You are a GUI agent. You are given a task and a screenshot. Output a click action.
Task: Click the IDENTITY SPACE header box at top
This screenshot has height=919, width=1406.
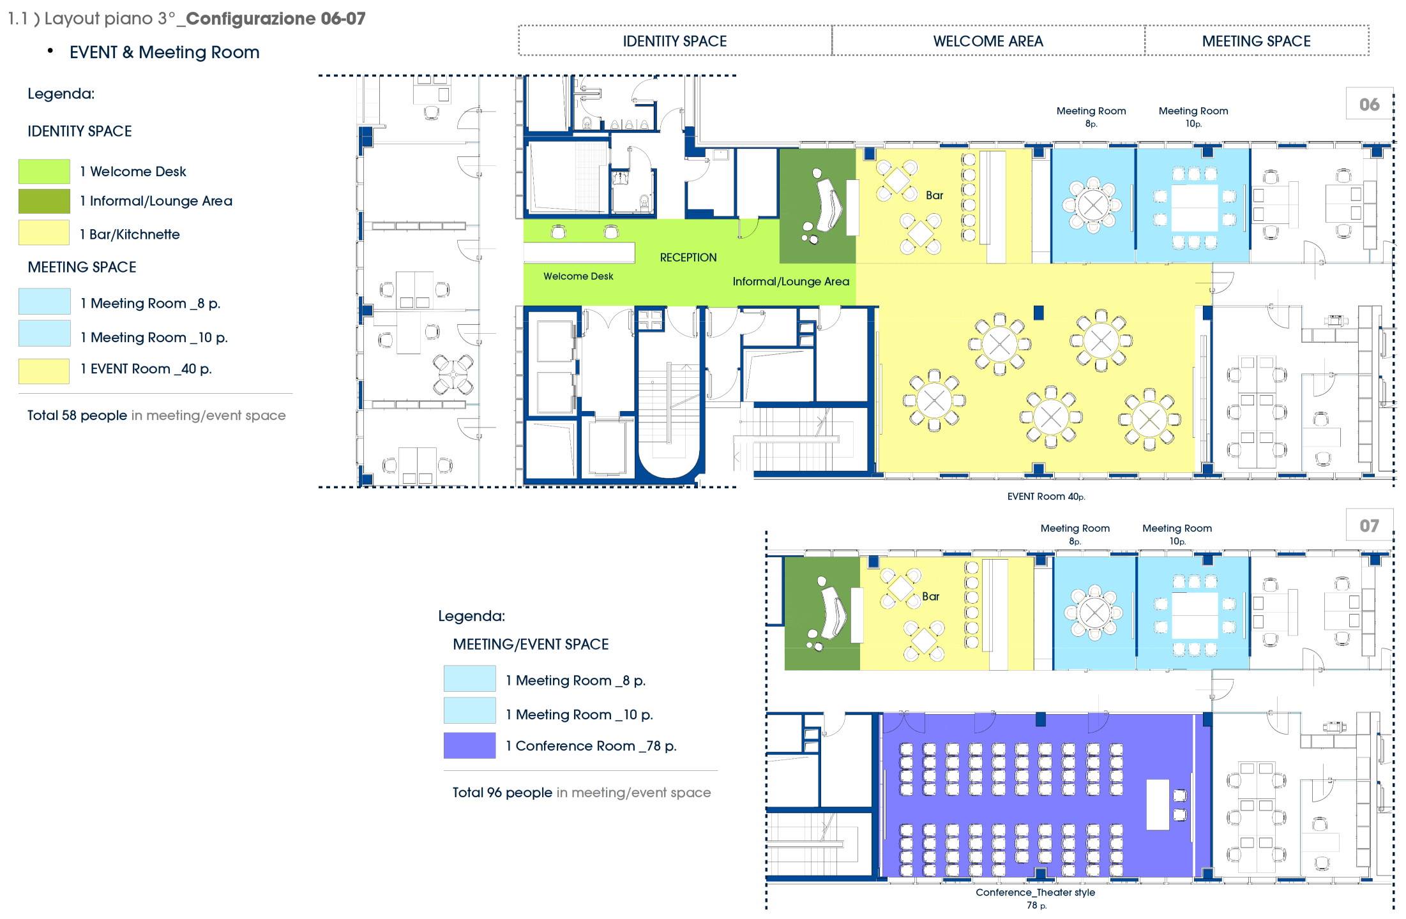pyautogui.click(x=675, y=41)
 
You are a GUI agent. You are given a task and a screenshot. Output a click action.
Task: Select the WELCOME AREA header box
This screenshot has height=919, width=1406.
pyautogui.click(x=988, y=41)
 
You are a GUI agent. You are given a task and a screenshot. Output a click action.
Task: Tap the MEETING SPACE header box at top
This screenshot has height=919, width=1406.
pyautogui.click(x=1257, y=41)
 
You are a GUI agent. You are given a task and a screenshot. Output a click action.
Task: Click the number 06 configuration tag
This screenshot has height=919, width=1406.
pyautogui.click(x=1369, y=104)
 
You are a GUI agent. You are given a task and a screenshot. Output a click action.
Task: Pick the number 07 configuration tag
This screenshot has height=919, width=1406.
pyautogui.click(x=1369, y=525)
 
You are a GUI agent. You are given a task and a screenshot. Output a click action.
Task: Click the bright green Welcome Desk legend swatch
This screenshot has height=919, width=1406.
pyautogui.click(x=44, y=171)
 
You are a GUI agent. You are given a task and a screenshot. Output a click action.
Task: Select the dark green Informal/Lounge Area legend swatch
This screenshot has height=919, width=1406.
pyautogui.click(x=44, y=201)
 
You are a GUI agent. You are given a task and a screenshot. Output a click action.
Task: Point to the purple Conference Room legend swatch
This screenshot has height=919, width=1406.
pyautogui.click(x=469, y=745)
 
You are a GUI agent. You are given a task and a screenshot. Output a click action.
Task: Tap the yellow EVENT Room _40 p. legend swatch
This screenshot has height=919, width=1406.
pyautogui.click(x=44, y=371)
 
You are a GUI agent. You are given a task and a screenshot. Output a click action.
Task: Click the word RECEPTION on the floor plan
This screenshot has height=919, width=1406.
pyautogui.click(x=688, y=257)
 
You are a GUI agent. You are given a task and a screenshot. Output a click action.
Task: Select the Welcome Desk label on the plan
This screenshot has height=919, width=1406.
pyautogui.click(x=578, y=276)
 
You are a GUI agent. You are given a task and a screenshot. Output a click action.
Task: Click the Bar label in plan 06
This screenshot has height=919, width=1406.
pyautogui.click(x=934, y=195)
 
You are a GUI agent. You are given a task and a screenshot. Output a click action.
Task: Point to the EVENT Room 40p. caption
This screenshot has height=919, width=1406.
pyautogui.click(x=1046, y=497)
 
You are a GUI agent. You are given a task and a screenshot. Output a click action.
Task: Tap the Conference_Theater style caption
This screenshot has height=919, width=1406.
pyautogui.click(x=1035, y=892)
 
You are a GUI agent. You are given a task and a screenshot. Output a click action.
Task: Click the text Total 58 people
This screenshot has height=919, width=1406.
pyautogui.click(x=77, y=415)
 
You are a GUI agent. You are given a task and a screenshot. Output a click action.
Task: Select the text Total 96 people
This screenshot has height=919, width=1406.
pyautogui.click(x=503, y=793)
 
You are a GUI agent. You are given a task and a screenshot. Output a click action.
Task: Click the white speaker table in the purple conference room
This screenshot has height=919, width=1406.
pyautogui.click(x=1158, y=804)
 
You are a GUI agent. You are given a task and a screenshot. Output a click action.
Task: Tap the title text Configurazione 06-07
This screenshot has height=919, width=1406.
pyautogui.click(x=276, y=19)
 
